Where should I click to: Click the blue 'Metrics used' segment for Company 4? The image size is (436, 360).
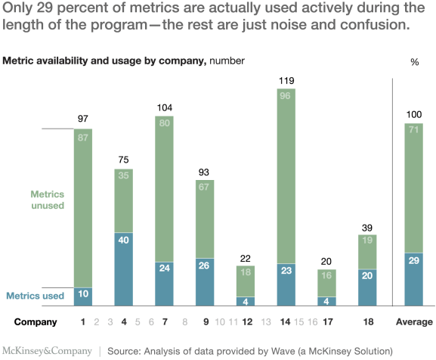pos(125,268)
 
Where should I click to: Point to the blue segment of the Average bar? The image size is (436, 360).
pos(415,279)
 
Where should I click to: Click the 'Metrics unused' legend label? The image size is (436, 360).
pos(46,199)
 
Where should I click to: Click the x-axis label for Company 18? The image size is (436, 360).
pos(368,321)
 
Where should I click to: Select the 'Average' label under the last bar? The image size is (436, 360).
pos(415,321)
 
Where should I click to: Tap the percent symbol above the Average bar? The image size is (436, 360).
pos(414,62)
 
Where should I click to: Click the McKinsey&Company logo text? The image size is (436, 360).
pos(48,351)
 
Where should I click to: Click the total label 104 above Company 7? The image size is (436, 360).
pos(165,107)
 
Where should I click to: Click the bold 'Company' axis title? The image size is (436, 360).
pos(36,321)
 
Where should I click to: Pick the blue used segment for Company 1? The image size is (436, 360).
pos(83,296)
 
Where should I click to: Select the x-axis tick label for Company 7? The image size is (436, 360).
pos(165,321)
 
